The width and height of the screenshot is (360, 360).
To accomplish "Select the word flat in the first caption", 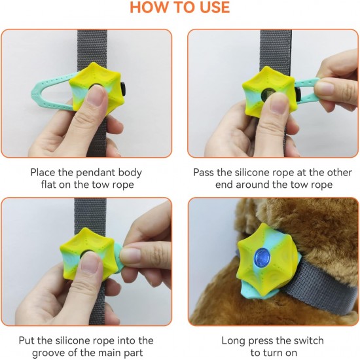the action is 48,185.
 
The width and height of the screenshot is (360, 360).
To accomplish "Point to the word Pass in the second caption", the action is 204,173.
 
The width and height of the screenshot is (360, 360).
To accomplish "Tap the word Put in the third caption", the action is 26,341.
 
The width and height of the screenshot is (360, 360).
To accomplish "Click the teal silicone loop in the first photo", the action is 49,92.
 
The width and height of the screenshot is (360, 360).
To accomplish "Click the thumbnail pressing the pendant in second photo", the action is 278,103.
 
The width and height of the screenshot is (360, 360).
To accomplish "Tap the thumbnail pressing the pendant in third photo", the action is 89,262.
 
